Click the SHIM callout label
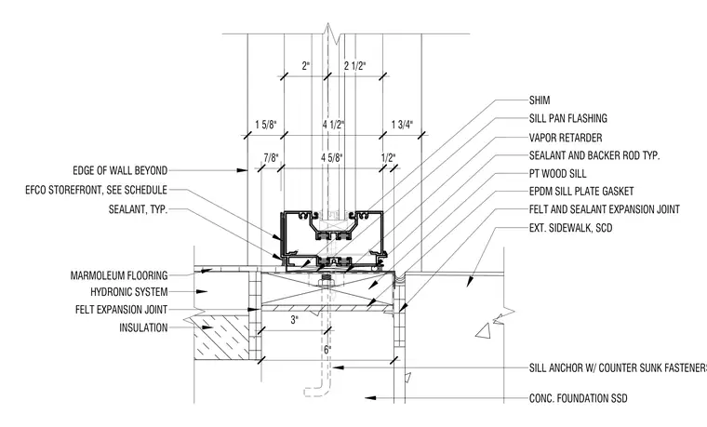[540, 100]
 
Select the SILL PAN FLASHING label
[568, 118]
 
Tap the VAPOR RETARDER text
[566, 138]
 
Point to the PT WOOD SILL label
[558, 174]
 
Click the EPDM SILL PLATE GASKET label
[581, 192]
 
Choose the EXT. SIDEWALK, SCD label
[571, 228]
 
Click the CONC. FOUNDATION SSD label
[578, 398]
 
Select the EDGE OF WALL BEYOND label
[120, 170]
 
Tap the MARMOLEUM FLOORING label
[119, 275]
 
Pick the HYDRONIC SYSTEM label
[129, 292]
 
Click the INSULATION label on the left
[143, 327]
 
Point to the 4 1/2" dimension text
[333, 125]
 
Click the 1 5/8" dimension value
[266, 125]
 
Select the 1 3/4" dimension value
[402, 125]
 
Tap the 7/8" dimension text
[271, 158]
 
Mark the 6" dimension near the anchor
[327, 350]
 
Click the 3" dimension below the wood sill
[295, 320]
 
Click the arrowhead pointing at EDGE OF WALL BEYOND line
[243, 170]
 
